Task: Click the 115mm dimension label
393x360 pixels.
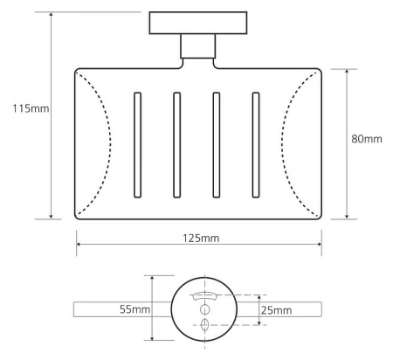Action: pyautogui.click(x=31, y=108)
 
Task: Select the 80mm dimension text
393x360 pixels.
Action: pyautogui.click(x=367, y=139)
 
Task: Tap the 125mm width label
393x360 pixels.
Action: pyautogui.click(x=201, y=239)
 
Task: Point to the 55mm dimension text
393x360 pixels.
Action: pyautogui.click(x=134, y=309)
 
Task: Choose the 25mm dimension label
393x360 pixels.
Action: pyautogui.click(x=276, y=310)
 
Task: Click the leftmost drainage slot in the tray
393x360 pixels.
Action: pyautogui.click(x=137, y=145)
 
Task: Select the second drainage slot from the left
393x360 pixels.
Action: pyautogui.click(x=176, y=145)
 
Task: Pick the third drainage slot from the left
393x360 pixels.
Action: pyautogui.click(x=216, y=145)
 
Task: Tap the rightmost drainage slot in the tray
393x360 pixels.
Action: pyautogui.click(x=256, y=145)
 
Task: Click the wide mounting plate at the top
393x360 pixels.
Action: pyautogui.click(x=198, y=23)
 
